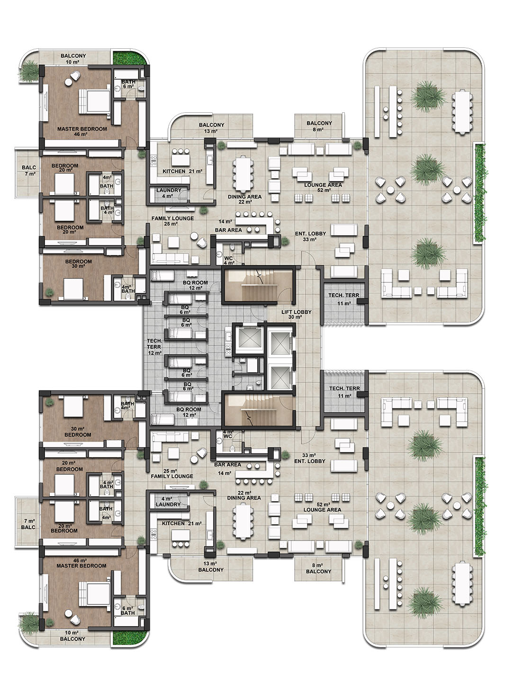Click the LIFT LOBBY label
click(x=296, y=312)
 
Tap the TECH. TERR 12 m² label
click(x=154, y=347)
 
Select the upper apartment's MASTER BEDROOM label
click(x=82, y=129)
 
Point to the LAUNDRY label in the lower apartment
click(x=168, y=504)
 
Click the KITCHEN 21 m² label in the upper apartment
click(x=182, y=171)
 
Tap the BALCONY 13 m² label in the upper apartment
click(x=211, y=128)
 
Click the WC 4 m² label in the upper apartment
click(x=228, y=261)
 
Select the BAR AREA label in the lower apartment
click(x=227, y=464)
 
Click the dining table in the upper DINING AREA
click(x=242, y=175)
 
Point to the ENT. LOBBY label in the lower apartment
click(x=309, y=461)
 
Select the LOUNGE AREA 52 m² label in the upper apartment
click(x=323, y=187)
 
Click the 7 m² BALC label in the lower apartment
click(x=28, y=524)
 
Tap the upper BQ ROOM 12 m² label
click(x=195, y=285)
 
